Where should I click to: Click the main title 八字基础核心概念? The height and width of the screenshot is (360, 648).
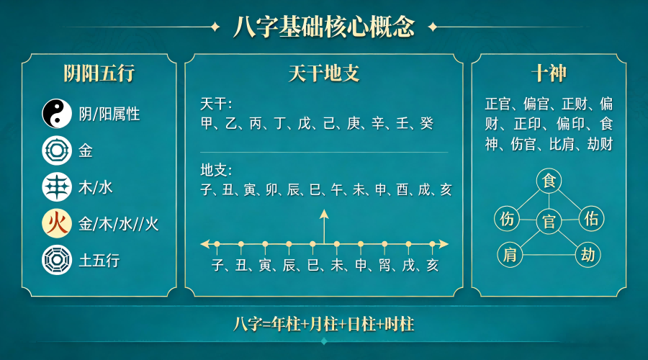pyautogui.click(x=323, y=27)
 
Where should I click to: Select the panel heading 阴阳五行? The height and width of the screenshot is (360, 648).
pyautogui.click(x=99, y=73)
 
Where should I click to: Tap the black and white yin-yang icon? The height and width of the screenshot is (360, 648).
pyautogui.click(x=57, y=113)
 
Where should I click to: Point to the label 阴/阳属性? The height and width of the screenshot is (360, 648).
pyautogui.click(x=109, y=114)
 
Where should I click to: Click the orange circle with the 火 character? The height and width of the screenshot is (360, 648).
pyautogui.click(x=57, y=223)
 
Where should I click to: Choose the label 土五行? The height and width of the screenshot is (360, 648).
pyautogui.click(x=99, y=261)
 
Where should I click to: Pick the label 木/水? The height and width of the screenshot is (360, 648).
pyautogui.click(x=96, y=187)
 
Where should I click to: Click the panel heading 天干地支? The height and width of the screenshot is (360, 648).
pyautogui.click(x=323, y=73)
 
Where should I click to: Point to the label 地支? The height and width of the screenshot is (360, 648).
pyautogui.click(x=216, y=171)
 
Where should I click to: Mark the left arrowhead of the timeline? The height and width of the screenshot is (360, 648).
pyautogui.click(x=204, y=243)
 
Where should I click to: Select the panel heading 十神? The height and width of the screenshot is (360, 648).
pyautogui.click(x=549, y=73)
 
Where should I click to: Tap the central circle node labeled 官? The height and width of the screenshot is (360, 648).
pyautogui.click(x=549, y=222)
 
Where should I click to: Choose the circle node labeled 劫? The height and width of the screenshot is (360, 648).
pyautogui.click(x=588, y=254)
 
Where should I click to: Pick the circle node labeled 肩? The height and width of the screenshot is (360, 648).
pyautogui.click(x=510, y=254)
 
